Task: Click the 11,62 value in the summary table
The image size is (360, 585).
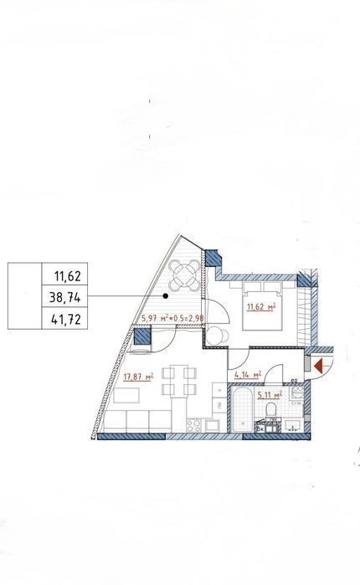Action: [x=67, y=276]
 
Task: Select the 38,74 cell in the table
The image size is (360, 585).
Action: [x=65, y=297]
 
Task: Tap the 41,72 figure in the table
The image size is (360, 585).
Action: [x=65, y=320]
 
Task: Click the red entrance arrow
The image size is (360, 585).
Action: [x=319, y=366]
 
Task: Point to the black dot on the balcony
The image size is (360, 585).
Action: [x=166, y=296]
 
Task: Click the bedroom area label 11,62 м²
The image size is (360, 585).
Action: [x=261, y=307]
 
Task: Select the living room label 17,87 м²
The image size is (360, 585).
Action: [x=138, y=377]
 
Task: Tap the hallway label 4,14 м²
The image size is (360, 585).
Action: [x=247, y=375]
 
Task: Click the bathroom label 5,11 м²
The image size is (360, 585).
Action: [x=270, y=395]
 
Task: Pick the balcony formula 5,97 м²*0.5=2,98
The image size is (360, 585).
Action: [x=172, y=319]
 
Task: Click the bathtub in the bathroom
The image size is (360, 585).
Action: [x=243, y=409]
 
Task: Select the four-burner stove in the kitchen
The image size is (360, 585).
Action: [x=194, y=426]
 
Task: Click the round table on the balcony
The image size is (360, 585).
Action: [x=183, y=276]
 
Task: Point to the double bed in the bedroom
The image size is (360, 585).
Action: [x=262, y=305]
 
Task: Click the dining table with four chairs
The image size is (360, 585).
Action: [x=179, y=382]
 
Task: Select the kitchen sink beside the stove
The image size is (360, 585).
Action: [x=212, y=426]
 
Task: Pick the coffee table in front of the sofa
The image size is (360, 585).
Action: [x=126, y=396]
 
